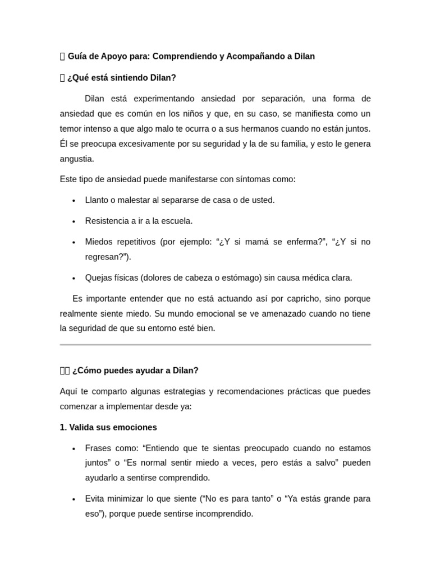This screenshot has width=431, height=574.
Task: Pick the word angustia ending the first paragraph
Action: pyautogui.click(x=76, y=159)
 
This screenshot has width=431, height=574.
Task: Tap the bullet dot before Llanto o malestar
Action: pyautogui.click(x=74, y=201)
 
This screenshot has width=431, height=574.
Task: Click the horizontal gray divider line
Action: pyautogui.click(x=215, y=345)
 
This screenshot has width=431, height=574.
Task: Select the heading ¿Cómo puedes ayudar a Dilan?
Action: pyautogui.click(x=135, y=371)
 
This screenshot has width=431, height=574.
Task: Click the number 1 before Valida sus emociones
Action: pyautogui.click(x=62, y=427)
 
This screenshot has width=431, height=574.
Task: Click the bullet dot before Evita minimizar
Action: pyautogui.click(x=74, y=499)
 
